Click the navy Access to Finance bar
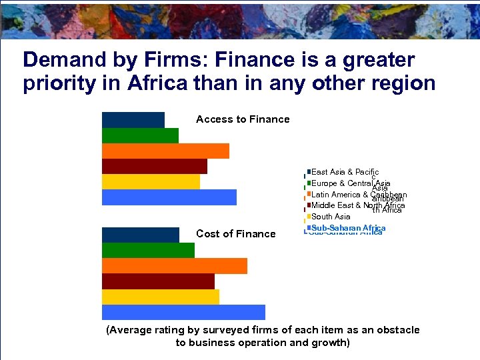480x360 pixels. click(x=133, y=120)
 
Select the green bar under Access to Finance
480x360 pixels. click(x=140, y=135)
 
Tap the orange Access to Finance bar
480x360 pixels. click(x=165, y=151)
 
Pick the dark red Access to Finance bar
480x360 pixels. click(x=155, y=166)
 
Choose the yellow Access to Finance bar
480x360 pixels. click(x=151, y=181)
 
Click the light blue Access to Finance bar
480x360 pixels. click(x=169, y=197)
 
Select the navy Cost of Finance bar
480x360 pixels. click(x=141, y=235)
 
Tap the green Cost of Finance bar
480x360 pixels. click(x=148, y=250)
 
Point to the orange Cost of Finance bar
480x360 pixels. click(x=175, y=265)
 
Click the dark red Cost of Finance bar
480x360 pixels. click(x=158, y=281)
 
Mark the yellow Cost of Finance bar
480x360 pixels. click(x=161, y=297)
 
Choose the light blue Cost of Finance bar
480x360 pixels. click(x=183, y=312)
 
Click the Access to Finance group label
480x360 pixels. click(x=243, y=119)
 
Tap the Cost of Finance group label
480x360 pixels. click(x=235, y=233)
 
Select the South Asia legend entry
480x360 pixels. click(x=331, y=217)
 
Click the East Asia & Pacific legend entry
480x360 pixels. click(x=345, y=172)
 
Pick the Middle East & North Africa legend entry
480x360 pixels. click(x=358, y=205)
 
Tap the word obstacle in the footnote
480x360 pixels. click(x=397, y=330)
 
